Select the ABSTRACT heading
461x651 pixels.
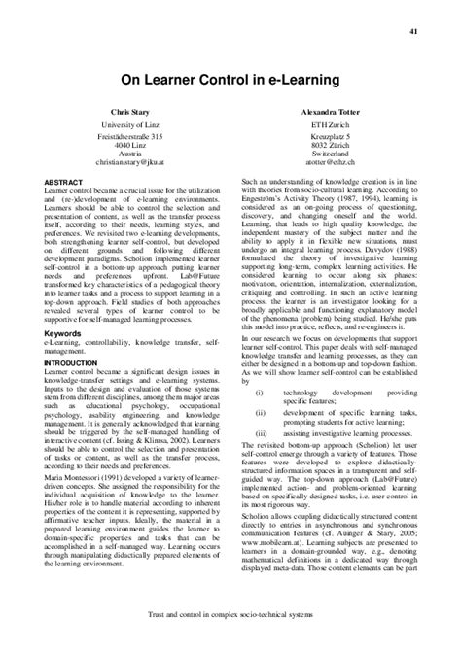[x=62, y=182]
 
